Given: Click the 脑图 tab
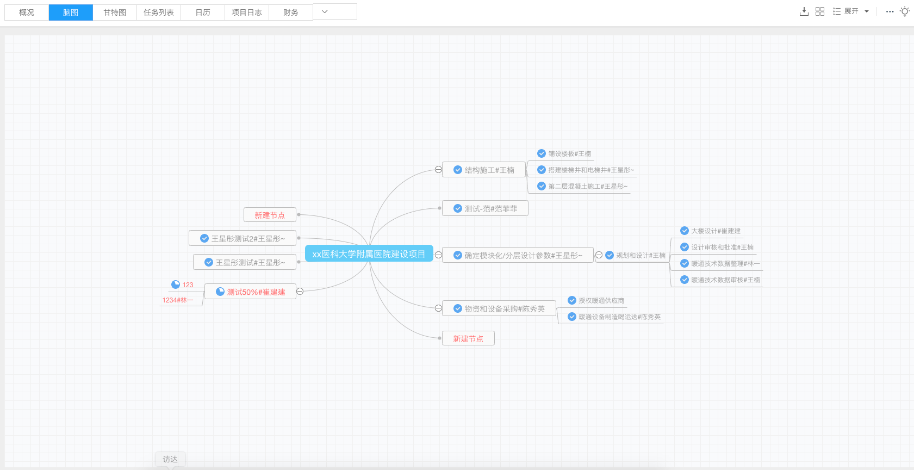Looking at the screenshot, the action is coord(71,13).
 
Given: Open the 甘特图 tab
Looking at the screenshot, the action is coord(115,13).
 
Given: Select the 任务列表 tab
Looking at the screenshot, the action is coord(159,13).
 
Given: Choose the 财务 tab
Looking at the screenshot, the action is coord(290,13).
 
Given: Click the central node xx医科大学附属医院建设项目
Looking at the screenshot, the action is coord(369,253).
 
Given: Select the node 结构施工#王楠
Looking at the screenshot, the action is coord(484,170).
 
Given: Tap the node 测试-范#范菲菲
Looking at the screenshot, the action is coord(485,209).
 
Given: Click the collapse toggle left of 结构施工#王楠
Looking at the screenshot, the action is coord(438,170).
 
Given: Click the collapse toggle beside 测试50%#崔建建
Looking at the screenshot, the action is coord(300,291).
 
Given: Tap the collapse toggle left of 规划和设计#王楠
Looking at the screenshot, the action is coord(599,255).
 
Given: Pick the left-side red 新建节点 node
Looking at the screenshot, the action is coord(270,215).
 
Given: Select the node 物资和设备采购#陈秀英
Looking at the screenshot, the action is coord(499,308).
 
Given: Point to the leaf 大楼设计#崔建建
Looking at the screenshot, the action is coord(711,231).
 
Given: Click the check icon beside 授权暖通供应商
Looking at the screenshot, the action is coord(572,300).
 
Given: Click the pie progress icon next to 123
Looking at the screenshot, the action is coord(176,285).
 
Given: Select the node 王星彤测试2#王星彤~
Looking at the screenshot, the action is coord(243,238).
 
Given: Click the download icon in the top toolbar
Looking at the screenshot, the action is coord(804,11).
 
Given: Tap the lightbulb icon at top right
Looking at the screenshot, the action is coord(905,11).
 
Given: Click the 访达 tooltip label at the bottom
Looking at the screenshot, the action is coord(170,459).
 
